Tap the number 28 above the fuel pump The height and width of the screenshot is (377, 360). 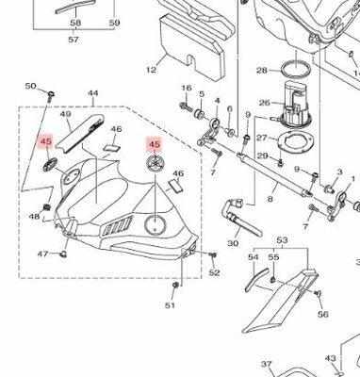point(261,69)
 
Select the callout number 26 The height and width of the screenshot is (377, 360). point(265,105)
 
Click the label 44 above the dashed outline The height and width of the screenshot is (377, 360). point(93,94)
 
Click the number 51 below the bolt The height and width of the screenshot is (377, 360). point(171,305)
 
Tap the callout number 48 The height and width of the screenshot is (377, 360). point(35,217)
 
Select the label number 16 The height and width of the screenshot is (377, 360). point(186,89)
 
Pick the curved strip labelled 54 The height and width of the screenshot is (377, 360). point(251,282)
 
